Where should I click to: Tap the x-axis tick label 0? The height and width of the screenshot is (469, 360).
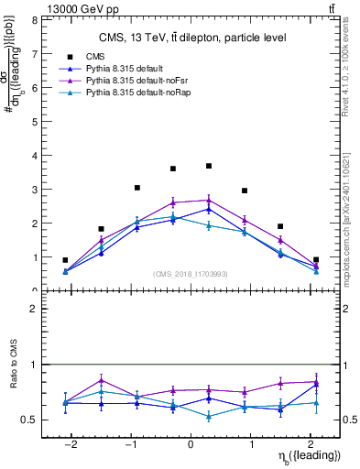191,444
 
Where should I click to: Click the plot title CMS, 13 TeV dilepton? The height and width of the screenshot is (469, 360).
192,38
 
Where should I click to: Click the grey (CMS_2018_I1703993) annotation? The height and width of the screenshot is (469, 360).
191,274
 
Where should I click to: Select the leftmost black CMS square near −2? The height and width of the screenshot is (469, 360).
65,260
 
